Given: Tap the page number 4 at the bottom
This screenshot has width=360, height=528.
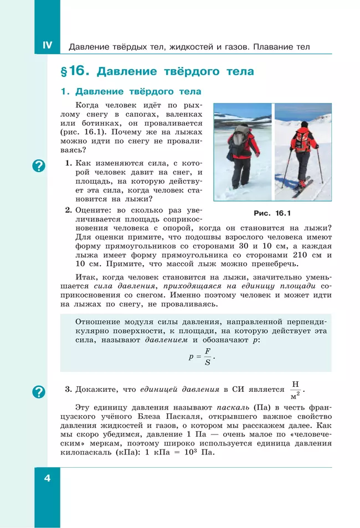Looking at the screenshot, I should pyautogui.click(x=47, y=478).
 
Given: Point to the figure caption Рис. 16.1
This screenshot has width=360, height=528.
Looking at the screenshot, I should pyautogui.click(x=272, y=213).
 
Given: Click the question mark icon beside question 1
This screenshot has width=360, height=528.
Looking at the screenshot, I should pyautogui.click(x=39, y=165).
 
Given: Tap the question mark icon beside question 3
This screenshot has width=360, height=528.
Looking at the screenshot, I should pyautogui.click(x=39, y=392).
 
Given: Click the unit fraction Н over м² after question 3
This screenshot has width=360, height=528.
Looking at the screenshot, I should pyautogui.click(x=295, y=390).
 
